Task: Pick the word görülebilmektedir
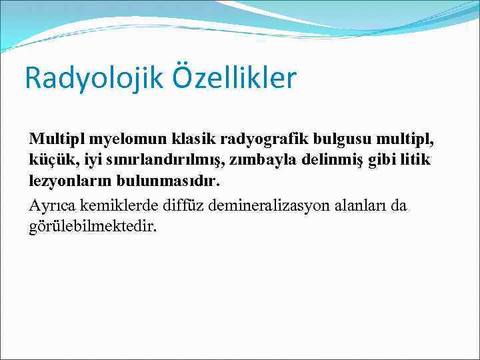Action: point(93,225)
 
